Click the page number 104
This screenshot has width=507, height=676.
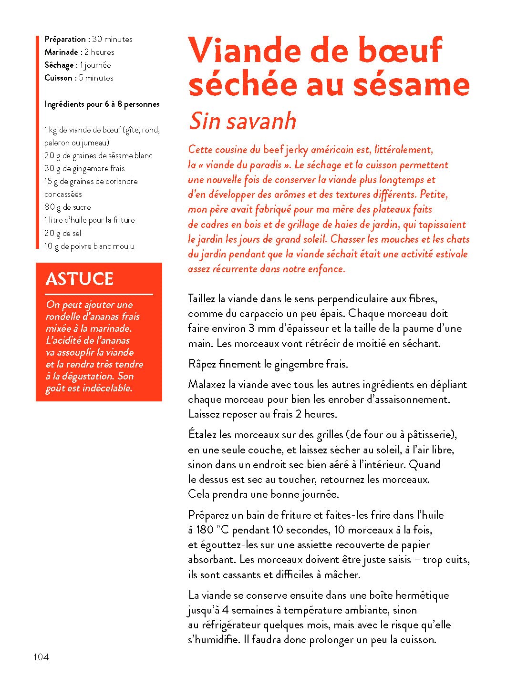pyautogui.click(x=41, y=657)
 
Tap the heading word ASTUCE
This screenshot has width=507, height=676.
pyautogui.click(x=79, y=279)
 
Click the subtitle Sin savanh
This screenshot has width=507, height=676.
pyautogui.click(x=242, y=121)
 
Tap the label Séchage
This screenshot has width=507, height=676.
pyautogui.click(x=59, y=65)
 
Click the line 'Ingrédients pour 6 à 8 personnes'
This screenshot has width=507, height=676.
pyautogui.click(x=102, y=104)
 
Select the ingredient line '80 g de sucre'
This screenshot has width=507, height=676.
pyautogui.click(x=67, y=207)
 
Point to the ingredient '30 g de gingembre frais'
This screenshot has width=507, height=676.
pyautogui.click(x=84, y=168)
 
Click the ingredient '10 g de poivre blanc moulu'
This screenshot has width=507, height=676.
pyautogui.click(x=89, y=246)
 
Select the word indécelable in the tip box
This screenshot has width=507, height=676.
pyautogui.click(x=107, y=388)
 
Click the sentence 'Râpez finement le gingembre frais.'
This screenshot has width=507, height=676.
pyautogui.click(x=268, y=364)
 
